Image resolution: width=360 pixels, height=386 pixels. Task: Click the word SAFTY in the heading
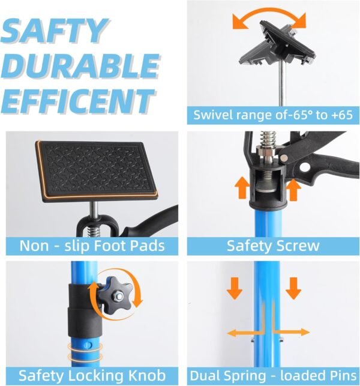[55, 31]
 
